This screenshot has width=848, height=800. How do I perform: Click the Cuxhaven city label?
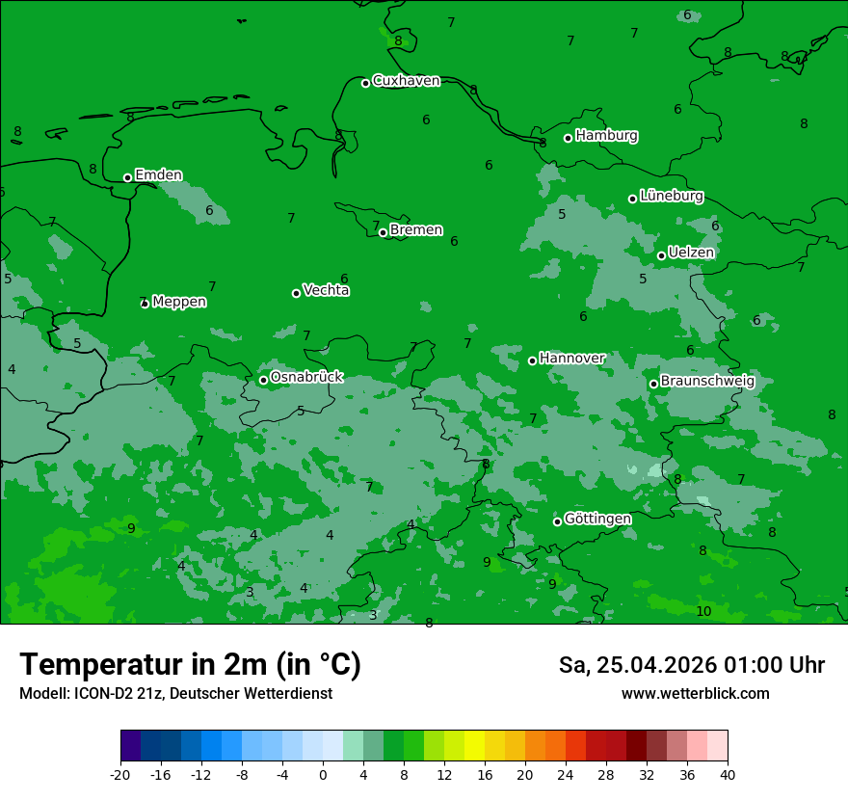coord(406,81)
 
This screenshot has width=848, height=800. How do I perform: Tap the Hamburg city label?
coord(606,136)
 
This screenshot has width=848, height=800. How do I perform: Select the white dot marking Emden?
coord(127,177)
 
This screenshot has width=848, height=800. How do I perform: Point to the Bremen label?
coord(416,230)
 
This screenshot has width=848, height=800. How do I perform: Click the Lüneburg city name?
coord(671,197)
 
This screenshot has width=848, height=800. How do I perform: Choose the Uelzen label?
coord(691,253)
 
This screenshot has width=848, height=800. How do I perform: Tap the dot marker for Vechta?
coord(296,293)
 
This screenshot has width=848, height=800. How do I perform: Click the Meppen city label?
coord(179,302)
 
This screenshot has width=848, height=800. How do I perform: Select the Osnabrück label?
coord(306,378)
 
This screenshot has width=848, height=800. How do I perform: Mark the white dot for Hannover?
coord(532,360)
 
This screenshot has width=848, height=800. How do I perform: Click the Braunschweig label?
coord(707,382)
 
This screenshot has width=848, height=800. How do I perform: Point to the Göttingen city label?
coord(597,520)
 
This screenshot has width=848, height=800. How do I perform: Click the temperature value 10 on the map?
coord(703,612)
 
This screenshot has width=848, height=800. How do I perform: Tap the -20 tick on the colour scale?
coord(120,775)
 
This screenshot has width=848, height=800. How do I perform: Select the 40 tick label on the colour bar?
coord(728,775)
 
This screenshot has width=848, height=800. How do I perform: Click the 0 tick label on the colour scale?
coord(323,775)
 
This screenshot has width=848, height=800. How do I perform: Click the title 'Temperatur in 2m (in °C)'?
coord(190,665)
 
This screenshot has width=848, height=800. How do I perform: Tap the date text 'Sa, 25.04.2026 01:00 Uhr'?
coord(692,666)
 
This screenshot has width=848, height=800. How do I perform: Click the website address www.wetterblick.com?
coord(695,694)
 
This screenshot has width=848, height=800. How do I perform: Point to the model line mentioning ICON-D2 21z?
coord(175,694)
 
